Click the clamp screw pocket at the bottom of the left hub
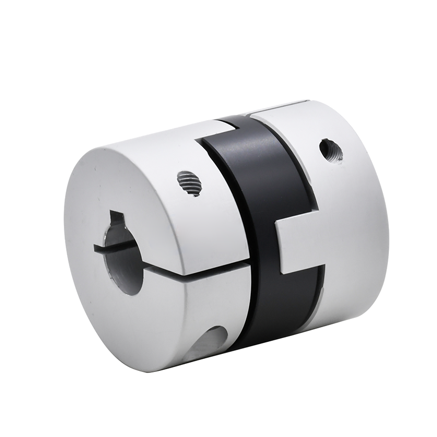(210, 341)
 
